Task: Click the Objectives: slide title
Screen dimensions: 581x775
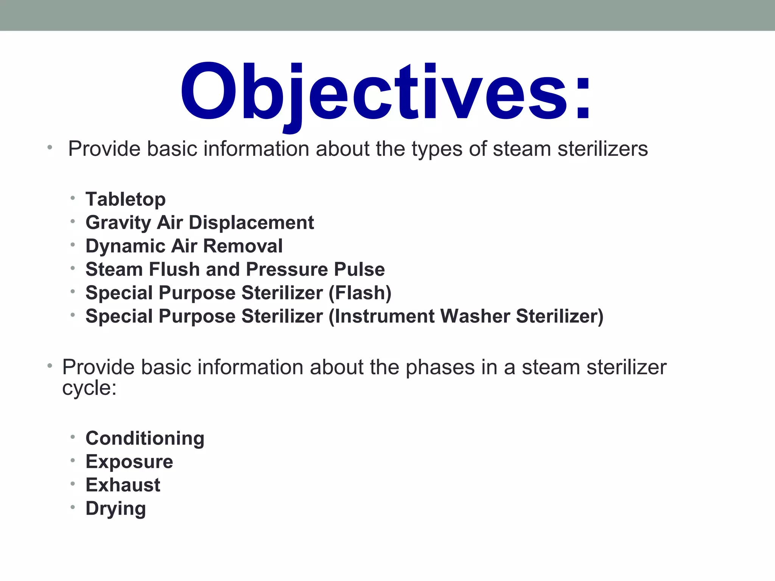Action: (385, 93)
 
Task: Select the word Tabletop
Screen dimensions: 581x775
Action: (126, 199)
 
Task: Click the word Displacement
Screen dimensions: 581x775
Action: (251, 223)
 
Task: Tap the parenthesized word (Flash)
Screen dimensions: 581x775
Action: (360, 293)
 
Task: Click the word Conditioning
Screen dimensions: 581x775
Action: (145, 438)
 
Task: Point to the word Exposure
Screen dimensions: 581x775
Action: (129, 462)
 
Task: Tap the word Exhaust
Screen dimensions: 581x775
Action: (123, 485)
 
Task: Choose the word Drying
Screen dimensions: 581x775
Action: (116, 509)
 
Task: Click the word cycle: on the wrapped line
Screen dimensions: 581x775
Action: (89, 388)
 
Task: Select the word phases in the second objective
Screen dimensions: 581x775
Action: (440, 367)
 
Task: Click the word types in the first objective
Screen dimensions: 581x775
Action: (437, 149)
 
